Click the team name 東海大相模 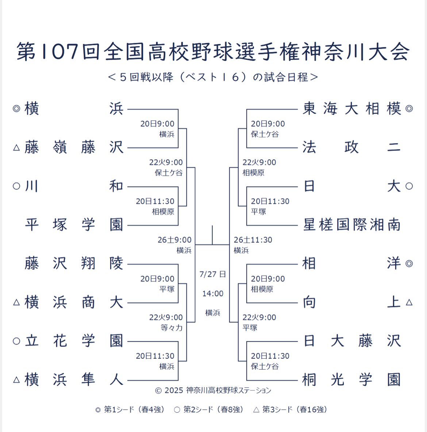352,109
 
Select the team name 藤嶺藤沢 74,147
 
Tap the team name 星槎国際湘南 352,225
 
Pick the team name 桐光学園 352,380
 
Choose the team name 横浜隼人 74,380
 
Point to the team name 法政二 352,147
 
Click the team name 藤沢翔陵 74,264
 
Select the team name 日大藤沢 352,341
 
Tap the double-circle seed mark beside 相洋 409,264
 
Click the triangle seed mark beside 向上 409,303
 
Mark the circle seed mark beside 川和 16,186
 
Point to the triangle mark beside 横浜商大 16,303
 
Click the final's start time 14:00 213,294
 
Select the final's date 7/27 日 213,275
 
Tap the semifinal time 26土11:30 253,240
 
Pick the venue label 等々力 172,328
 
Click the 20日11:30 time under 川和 155,201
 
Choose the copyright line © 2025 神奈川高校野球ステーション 213,390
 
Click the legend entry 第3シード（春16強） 290,410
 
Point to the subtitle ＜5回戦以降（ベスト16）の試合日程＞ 213,77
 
